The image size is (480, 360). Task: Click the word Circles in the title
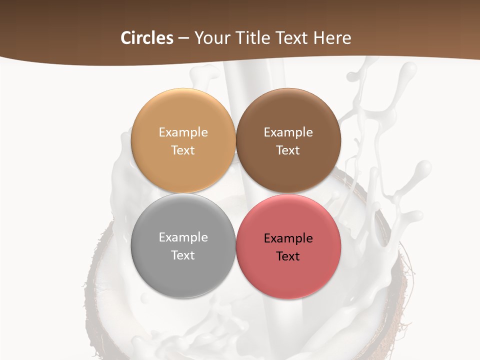(146, 38)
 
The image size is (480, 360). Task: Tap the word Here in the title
(333, 38)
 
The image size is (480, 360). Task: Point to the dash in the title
(183, 38)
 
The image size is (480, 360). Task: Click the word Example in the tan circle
(183, 132)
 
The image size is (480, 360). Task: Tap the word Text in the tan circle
(183, 150)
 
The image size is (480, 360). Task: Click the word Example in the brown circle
(288, 132)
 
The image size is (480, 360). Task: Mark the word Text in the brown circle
(288, 150)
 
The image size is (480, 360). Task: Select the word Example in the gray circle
(183, 237)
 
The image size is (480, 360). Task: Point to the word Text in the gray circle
(183, 255)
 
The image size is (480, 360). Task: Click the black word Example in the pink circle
(288, 238)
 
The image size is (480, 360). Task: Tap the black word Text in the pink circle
(288, 256)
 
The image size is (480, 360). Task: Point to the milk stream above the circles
(245, 77)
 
